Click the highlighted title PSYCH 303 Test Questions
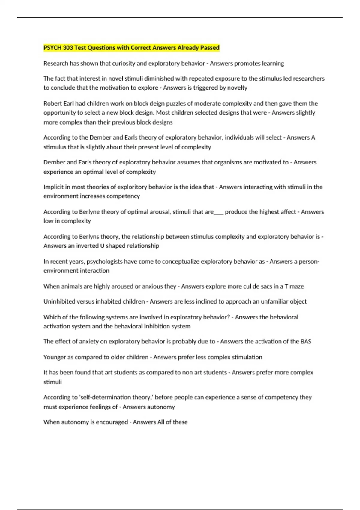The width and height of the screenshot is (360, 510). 131,48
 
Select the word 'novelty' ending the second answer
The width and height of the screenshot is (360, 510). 237,88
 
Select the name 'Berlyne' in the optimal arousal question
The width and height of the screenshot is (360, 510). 89,212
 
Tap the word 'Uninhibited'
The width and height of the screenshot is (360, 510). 59,301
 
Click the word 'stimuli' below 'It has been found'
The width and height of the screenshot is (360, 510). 52,382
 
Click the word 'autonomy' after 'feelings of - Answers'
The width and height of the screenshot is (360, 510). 161,407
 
